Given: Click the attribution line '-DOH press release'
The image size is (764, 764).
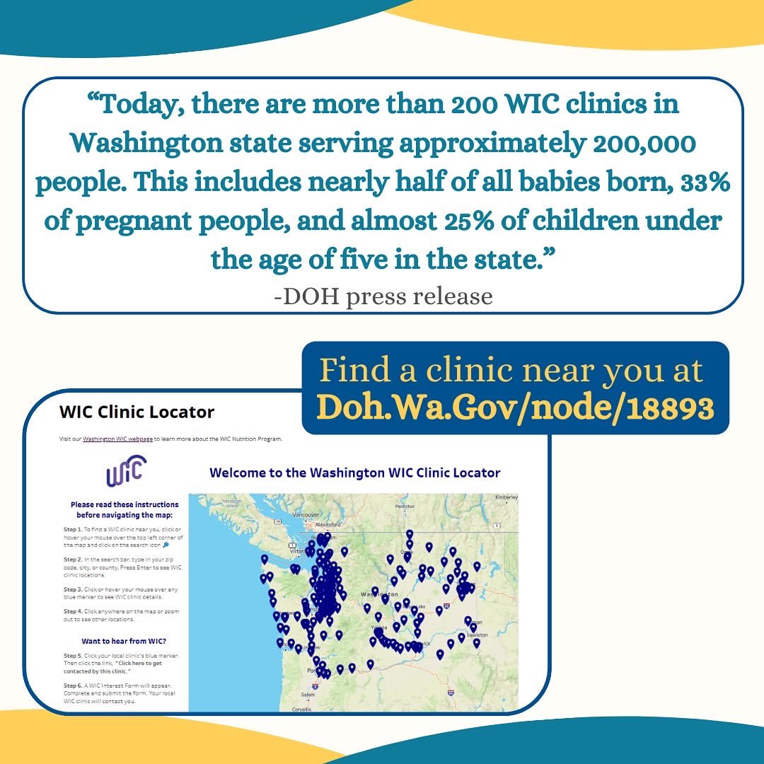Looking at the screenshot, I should click(383, 296).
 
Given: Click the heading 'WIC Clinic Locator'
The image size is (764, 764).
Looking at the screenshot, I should click(137, 412).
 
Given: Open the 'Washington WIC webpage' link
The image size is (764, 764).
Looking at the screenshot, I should click(117, 439).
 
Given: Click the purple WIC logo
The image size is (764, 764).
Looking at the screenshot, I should click(126, 472).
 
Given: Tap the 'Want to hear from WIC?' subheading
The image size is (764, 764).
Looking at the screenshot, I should click(124, 642).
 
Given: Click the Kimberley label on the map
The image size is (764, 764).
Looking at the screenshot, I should click(506, 497).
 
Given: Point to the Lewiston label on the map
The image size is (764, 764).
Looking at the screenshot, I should click(477, 635).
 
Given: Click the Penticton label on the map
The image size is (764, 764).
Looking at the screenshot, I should click(405, 507).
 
